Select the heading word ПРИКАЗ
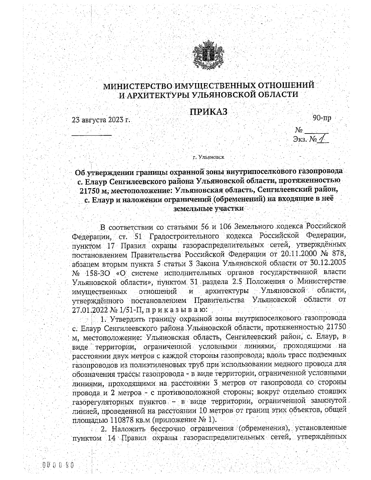tap(208, 112)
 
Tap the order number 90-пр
tap(322, 118)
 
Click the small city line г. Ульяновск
tap(208, 157)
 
